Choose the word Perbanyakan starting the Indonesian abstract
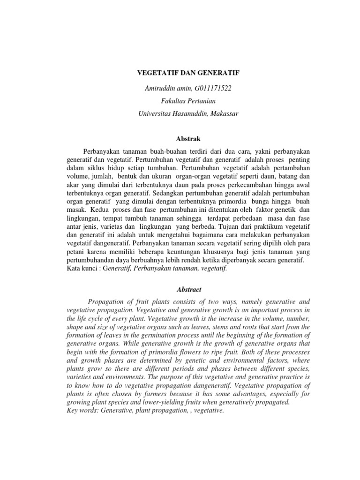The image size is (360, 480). (x=102, y=152)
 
